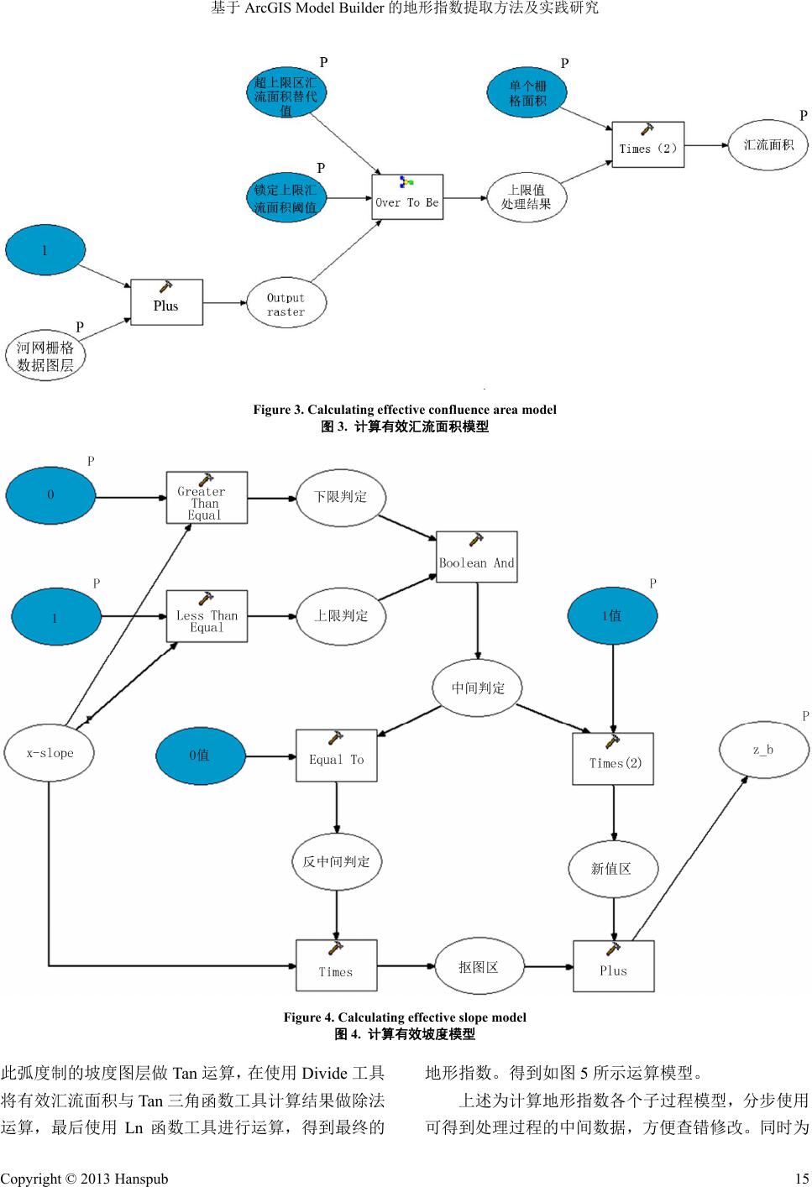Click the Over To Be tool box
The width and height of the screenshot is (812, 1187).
coord(407,197)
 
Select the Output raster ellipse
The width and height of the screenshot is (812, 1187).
coord(286,305)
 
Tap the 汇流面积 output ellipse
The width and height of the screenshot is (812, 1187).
coord(767,144)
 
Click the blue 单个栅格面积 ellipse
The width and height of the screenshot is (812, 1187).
coord(526,93)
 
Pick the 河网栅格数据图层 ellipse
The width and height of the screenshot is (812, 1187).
coord(45,356)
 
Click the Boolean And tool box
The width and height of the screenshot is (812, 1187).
coord(476,557)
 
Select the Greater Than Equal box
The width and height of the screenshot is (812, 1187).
coord(206,498)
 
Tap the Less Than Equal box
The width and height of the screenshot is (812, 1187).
coord(206,616)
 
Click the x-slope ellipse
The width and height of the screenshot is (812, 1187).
coord(50,753)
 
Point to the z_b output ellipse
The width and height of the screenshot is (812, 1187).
coord(763,750)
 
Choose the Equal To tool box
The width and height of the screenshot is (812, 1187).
coord(336,756)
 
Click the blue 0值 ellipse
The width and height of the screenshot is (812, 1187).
coord(200,756)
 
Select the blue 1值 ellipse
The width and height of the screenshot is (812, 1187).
coord(611,616)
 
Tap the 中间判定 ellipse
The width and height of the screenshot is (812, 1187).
coord(478,688)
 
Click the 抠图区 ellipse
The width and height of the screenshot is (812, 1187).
coord(479,967)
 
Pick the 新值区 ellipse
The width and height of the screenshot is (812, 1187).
coord(611,868)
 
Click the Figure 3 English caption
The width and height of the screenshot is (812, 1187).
coord(405,410)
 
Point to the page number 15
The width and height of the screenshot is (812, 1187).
coord(801,1179)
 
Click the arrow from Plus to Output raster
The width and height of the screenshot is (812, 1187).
coord(225,303)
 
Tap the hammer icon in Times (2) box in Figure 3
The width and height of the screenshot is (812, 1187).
coord(647,131)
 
